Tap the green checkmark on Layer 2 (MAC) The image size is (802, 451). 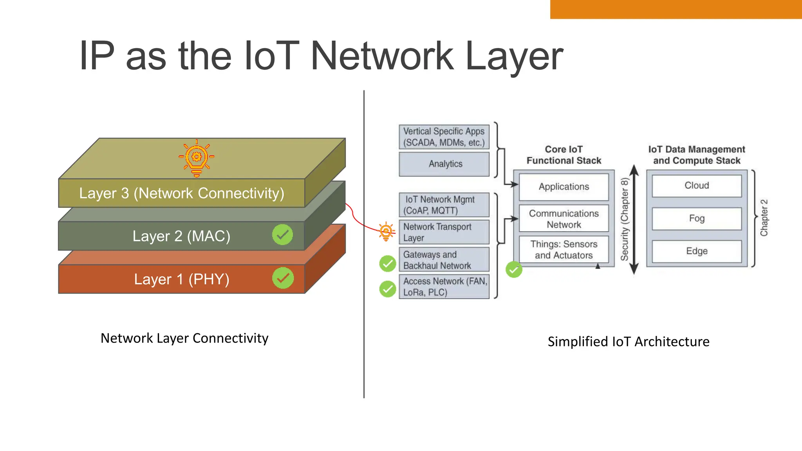[282, 235]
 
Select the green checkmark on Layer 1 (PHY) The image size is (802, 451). [283, 278]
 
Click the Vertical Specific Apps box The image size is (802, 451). [444, 137]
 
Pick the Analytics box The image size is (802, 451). [444, 164]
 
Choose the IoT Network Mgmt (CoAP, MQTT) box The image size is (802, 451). [444, 205]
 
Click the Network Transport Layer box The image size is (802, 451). [444, 232]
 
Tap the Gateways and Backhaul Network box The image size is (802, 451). [444, 260]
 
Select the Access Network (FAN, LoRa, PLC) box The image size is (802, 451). [444, 287]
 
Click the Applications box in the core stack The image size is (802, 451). [564, 187]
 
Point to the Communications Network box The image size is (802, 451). [564, 219]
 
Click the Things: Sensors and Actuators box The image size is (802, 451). [564, 249]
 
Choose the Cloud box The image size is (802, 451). [697, 186]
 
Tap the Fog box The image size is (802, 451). [697, 218]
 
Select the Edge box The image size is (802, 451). [697, 251]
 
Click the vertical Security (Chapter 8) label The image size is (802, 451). [625, 219]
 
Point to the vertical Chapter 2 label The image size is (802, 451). [764, 218]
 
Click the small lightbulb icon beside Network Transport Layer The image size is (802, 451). [386, 231]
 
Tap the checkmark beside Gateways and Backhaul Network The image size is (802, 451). [388, 263]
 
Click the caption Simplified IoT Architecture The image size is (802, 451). [628, 341]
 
